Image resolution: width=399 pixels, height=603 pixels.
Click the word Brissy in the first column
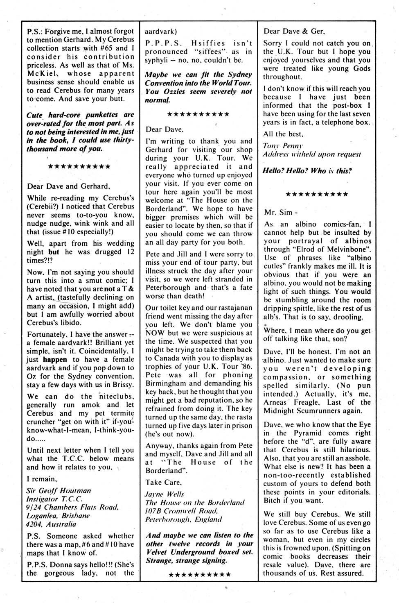(122, 385)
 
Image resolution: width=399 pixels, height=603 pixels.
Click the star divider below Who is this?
(317, 194)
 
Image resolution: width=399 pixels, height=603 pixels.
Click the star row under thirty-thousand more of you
(79, 167)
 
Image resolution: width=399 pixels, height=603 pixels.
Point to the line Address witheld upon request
(312, 154)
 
